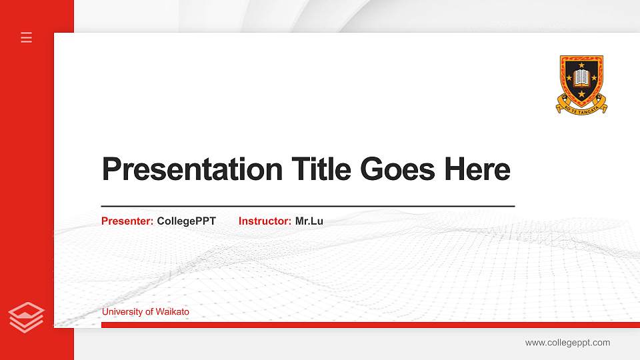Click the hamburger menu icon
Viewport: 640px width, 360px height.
27,37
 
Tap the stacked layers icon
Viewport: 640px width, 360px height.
27,317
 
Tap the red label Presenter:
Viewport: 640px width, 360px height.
127,221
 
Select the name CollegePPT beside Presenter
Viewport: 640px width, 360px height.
187,221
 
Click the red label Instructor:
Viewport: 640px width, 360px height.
265,221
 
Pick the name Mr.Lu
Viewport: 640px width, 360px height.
309,221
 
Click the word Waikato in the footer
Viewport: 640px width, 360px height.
173,311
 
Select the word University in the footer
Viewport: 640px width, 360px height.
122,311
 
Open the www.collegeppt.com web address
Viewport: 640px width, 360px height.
567,343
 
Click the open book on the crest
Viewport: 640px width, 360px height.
581,78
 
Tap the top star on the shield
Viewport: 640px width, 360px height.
581,65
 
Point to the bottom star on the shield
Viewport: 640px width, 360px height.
581,94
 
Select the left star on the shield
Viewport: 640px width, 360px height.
569,78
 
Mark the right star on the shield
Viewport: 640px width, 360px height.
594,78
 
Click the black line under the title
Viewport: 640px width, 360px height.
308,206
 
